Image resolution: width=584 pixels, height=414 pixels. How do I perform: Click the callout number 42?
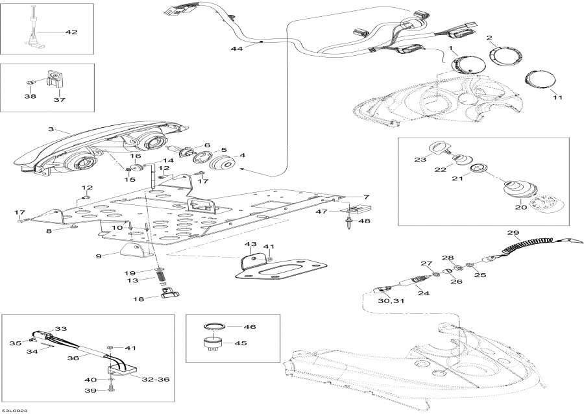click(71, 31)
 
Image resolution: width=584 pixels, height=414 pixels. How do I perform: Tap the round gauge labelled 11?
click(535, 80)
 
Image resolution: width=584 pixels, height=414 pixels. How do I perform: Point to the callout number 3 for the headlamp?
click(51, 130)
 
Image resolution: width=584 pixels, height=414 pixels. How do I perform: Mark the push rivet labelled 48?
click(349, 223)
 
